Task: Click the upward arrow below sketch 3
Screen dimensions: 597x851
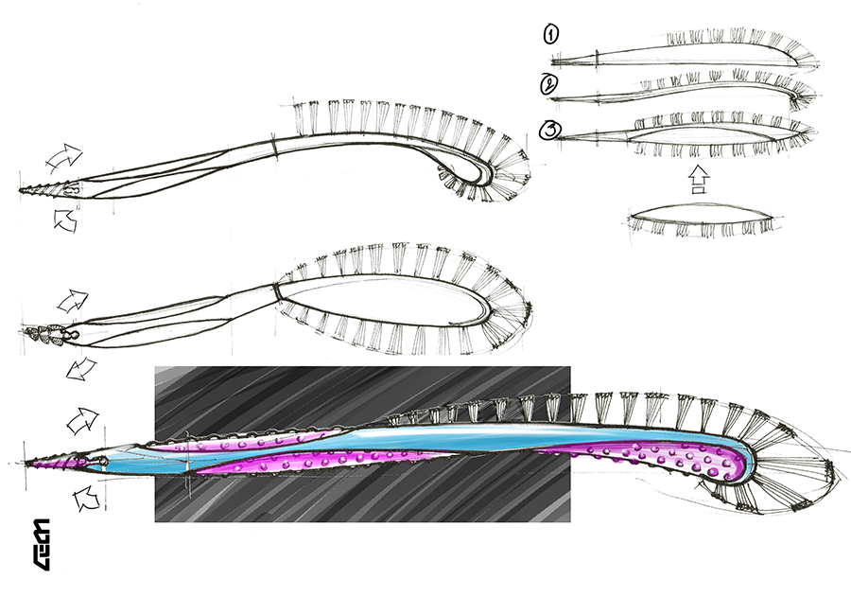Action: (x=698, y=180)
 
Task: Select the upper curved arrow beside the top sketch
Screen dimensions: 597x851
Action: (x=65, y=155)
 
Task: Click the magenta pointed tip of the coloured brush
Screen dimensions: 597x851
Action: (x=43, y=463)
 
